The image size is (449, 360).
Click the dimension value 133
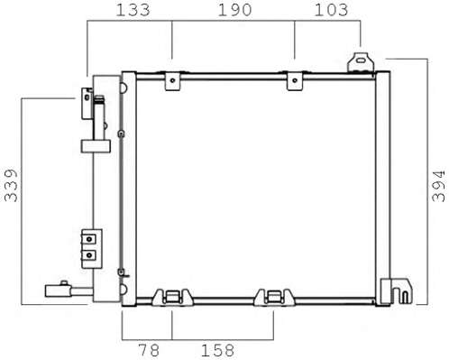[133, 10]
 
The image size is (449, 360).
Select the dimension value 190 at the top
[234, 10]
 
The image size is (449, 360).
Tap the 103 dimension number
[331, 10]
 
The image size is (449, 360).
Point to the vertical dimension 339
[11, 185]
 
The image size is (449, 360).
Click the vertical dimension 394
[438, 186]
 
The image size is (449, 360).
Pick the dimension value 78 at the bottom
[149, 350]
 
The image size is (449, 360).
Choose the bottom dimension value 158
[217, 350]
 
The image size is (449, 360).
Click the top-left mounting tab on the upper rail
[172, 80]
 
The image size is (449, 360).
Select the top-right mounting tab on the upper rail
[295, 80]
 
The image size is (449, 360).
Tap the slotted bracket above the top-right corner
[361, 62]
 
